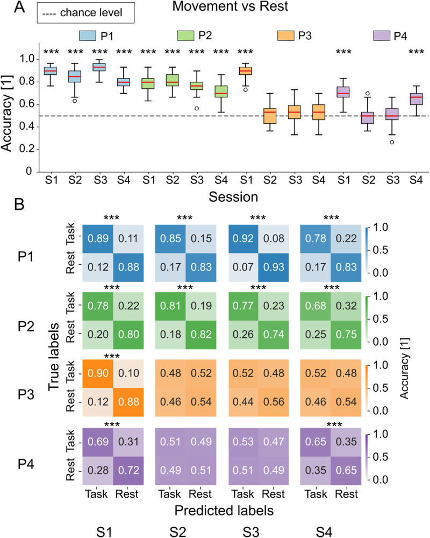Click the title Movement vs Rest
[230, 6]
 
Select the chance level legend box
[85, 13]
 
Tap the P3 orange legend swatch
[285, 36]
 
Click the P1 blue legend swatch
[88, 36]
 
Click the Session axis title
[233, 197]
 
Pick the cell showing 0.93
[274, 267]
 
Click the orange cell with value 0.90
[98, 374]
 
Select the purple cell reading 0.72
[128, 470]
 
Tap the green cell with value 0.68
[316, 306]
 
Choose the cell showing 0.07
[243, 267]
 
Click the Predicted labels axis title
[224, 511]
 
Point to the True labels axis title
[54, 357]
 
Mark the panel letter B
[19, 204]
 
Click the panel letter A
[19, 7]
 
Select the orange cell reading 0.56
[274, 402]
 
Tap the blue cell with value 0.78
[316, 239]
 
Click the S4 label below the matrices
[324, 532]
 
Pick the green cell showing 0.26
[243, 335]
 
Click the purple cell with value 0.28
[98, 470]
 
